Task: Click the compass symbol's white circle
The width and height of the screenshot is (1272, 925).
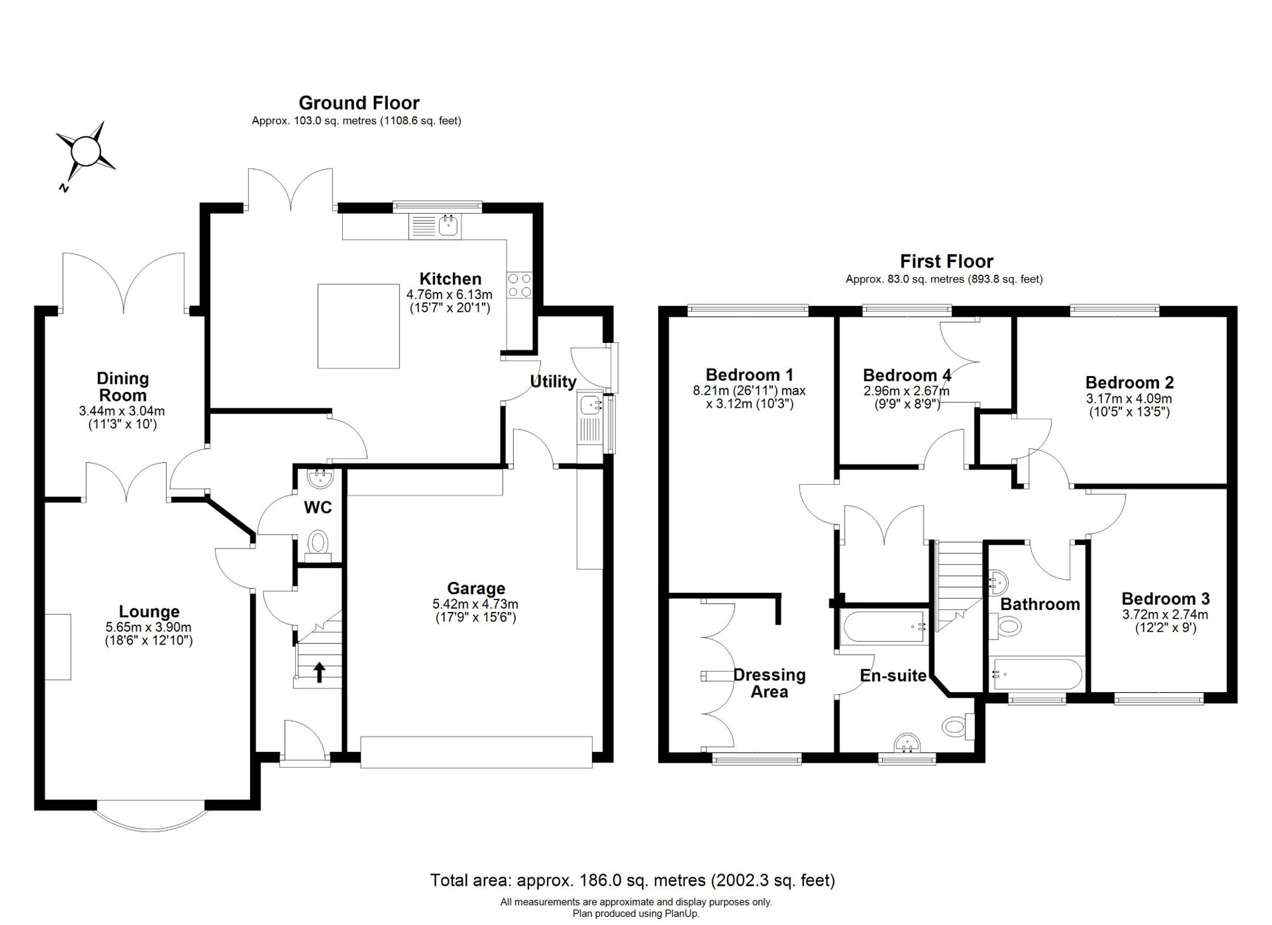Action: [86, 153]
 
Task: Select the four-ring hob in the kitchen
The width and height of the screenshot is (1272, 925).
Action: [519, 285]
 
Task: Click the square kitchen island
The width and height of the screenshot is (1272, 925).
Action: [359, 326]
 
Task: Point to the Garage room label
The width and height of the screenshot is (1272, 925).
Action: [476, 588]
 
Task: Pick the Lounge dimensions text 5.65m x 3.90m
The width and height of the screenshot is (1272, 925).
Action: [149, 627]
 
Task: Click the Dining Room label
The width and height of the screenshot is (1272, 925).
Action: [123, 387]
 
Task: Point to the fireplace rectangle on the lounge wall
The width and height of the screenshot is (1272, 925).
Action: [58, 647]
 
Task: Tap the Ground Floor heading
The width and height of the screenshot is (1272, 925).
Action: [359, 102]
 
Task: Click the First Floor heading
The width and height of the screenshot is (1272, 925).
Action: [946, 261]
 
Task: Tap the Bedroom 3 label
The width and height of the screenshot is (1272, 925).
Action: [1165, 599]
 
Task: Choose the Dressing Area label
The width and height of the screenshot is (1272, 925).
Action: [770, 683]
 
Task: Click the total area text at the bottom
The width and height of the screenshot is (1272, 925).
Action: [633, 880]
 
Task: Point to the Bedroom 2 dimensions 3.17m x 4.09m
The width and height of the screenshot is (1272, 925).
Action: [1129, 399]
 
